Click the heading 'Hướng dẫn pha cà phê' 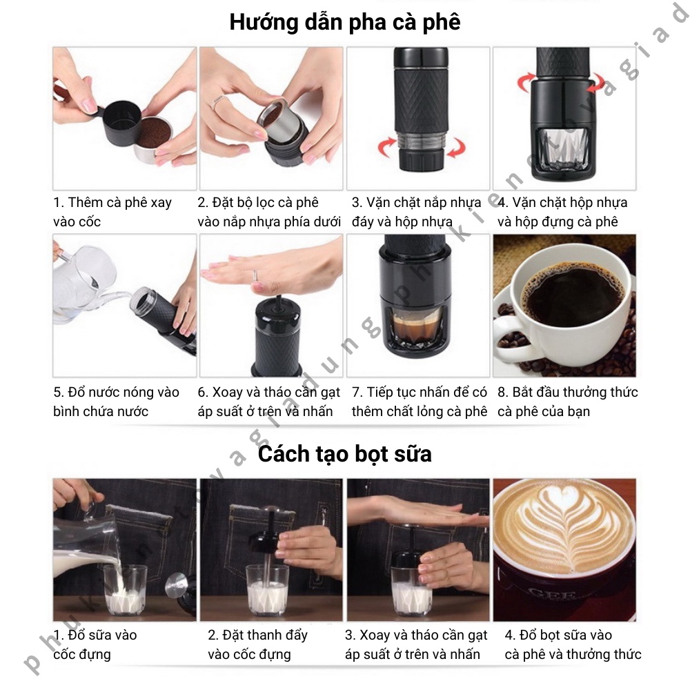pyautogui.click(x=345, y=22)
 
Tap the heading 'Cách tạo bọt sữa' pyautogui.click(x=344, y=454)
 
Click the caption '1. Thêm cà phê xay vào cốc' pyautogui.click(x=112, y=212)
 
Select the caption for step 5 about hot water pyautogui.click(x=116, y=402)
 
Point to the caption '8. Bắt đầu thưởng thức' pyautogui.click(x=568, y=392)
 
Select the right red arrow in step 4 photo pyautogui.click(x=596, y=82)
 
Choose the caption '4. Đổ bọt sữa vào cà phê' pyautogui.click(x=573, y=644)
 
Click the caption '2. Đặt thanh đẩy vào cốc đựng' pyautogui.click(x=257, y=644)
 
